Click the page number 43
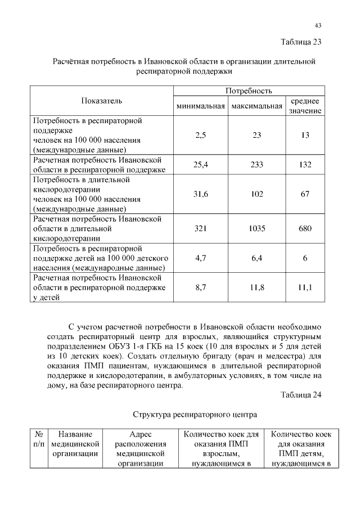318,25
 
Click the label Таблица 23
300,42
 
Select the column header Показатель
101,101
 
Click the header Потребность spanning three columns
249,91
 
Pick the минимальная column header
200,106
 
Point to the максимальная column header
256,106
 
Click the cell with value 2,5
200,136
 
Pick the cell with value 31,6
200,194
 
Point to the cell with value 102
256,194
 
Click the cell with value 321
200,229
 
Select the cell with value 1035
256,229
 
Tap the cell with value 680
305,229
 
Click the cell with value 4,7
200,258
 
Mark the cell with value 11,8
256,287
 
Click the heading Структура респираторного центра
195,415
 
